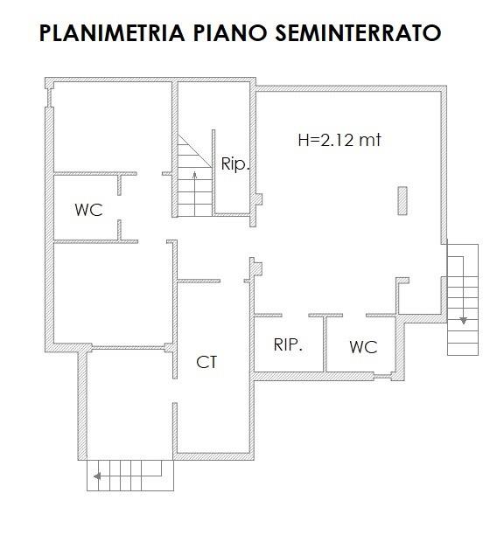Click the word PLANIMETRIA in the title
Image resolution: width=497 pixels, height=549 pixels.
coord(112,33)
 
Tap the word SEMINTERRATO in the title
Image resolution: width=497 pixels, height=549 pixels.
coord(358,33)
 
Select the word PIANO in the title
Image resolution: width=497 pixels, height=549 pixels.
coord(230,33)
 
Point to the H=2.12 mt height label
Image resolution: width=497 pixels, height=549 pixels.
coord(339,140)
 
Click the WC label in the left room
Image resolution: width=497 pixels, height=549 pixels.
coord(88,210)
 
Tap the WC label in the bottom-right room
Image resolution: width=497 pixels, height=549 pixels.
coord(363,347)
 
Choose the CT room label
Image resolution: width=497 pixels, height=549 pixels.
coord(206,362)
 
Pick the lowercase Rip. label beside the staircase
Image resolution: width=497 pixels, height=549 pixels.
coord(235,163)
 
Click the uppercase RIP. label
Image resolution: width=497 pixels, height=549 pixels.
coord(288,345)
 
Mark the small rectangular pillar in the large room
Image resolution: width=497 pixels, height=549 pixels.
coord(402,200)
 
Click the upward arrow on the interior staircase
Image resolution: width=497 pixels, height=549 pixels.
coord(194,193)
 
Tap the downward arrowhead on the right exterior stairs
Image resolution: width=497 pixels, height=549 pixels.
coord(464,320)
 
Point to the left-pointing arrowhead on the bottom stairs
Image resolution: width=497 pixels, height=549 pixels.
coord(97,476)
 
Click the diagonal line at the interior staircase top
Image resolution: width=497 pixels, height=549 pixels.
coord(195,151)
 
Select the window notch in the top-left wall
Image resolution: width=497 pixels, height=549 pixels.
coord(49,98)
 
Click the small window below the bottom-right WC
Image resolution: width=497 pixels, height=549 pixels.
coord(382,377)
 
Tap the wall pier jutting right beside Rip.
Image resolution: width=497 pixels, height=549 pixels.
coord(259,199)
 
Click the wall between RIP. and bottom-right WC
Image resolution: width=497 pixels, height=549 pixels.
coord(325,344)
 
